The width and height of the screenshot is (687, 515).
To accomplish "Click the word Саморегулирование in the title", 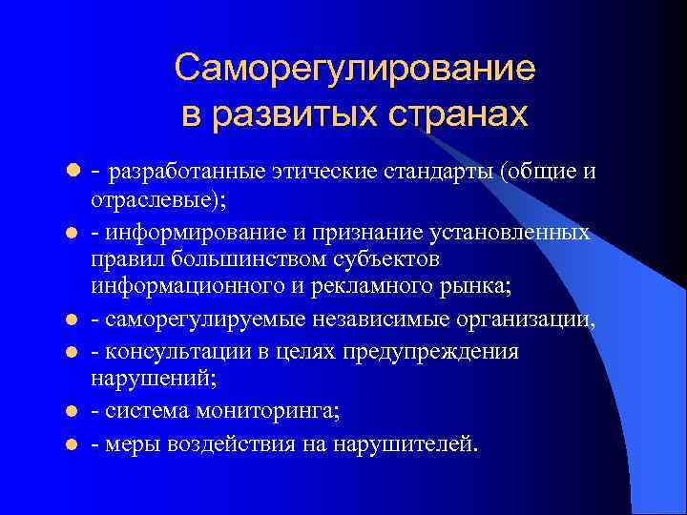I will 355,68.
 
